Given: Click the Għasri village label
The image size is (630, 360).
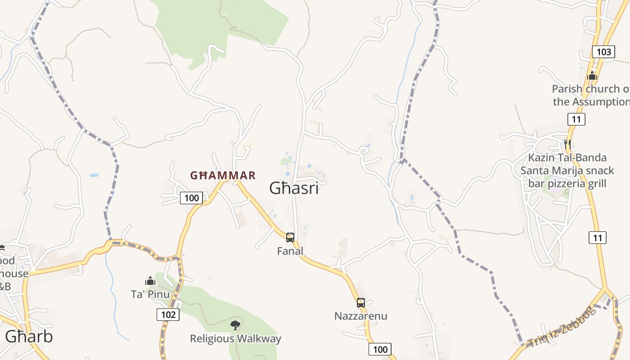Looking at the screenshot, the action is pos(294,188).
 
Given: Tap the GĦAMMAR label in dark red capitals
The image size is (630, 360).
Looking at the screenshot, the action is pos(223,175).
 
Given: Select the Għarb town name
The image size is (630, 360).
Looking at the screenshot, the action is pos(29,336).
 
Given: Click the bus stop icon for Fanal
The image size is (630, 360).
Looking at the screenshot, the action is pos(290,237).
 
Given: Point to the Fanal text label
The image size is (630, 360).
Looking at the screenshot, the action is pos(290,251).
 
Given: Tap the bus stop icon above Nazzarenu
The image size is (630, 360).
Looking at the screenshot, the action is pos(360,302).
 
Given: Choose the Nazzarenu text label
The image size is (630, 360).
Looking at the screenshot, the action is pos(360,316).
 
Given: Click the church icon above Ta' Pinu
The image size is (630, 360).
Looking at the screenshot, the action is pos(150,281).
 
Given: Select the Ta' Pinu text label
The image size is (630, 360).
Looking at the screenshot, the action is pos(150,294).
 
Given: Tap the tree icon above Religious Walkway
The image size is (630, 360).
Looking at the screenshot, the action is pos(235,325).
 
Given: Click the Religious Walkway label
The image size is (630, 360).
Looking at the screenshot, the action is pos(235,338).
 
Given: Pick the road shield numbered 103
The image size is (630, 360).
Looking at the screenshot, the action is pos(603,52).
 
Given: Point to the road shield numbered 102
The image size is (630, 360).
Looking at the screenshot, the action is pos(168,314).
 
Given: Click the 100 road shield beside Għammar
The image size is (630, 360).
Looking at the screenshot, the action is pos(191,198).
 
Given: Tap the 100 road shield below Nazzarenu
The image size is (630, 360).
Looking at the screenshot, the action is pos(380,349).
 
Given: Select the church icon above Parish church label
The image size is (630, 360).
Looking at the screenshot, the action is pos(592,76).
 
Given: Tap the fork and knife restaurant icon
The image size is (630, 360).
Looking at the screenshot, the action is pos(567,144).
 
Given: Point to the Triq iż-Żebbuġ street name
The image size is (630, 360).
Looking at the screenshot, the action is pos(562,327).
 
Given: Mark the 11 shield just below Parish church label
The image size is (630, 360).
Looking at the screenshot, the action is pos(576,119).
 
